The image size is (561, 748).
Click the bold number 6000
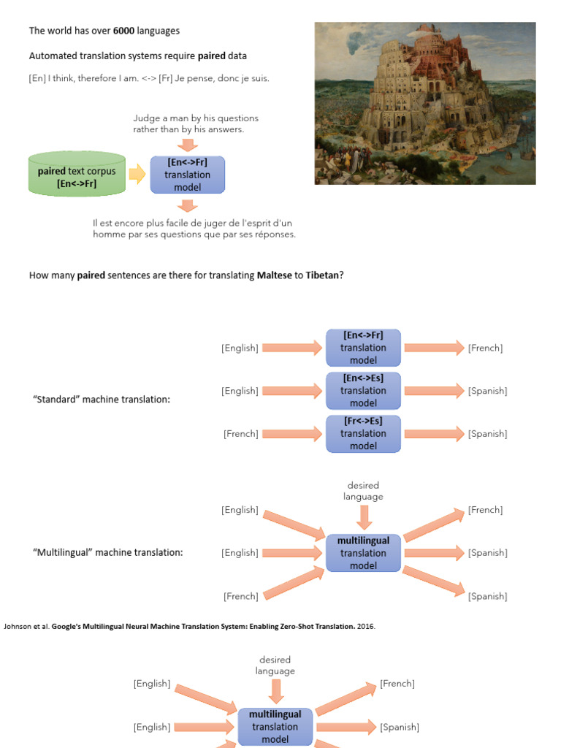point(123,31)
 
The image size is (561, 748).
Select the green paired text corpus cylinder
point(77,174)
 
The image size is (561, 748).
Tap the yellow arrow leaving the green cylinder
point(137,174)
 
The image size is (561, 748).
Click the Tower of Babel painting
point(425,103)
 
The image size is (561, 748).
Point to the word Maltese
point(275,275)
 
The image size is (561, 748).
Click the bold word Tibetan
point(322,275)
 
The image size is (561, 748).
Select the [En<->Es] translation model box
point(363,391)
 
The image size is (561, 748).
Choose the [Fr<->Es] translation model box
point(363,434)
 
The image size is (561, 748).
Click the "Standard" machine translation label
point(101,400)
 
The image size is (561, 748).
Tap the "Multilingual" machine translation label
point(108,552)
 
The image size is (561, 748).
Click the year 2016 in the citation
point(366,626)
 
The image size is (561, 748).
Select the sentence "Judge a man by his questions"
point(196,118)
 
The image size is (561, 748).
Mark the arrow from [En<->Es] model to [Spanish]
point(434,391)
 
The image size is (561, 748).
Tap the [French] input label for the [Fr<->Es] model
point(241,434)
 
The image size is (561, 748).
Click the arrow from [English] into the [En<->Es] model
point(292,391)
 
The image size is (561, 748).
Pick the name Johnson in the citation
point(18,626)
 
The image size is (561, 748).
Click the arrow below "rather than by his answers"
point(188,145)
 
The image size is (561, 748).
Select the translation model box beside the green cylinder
point(188,175)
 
